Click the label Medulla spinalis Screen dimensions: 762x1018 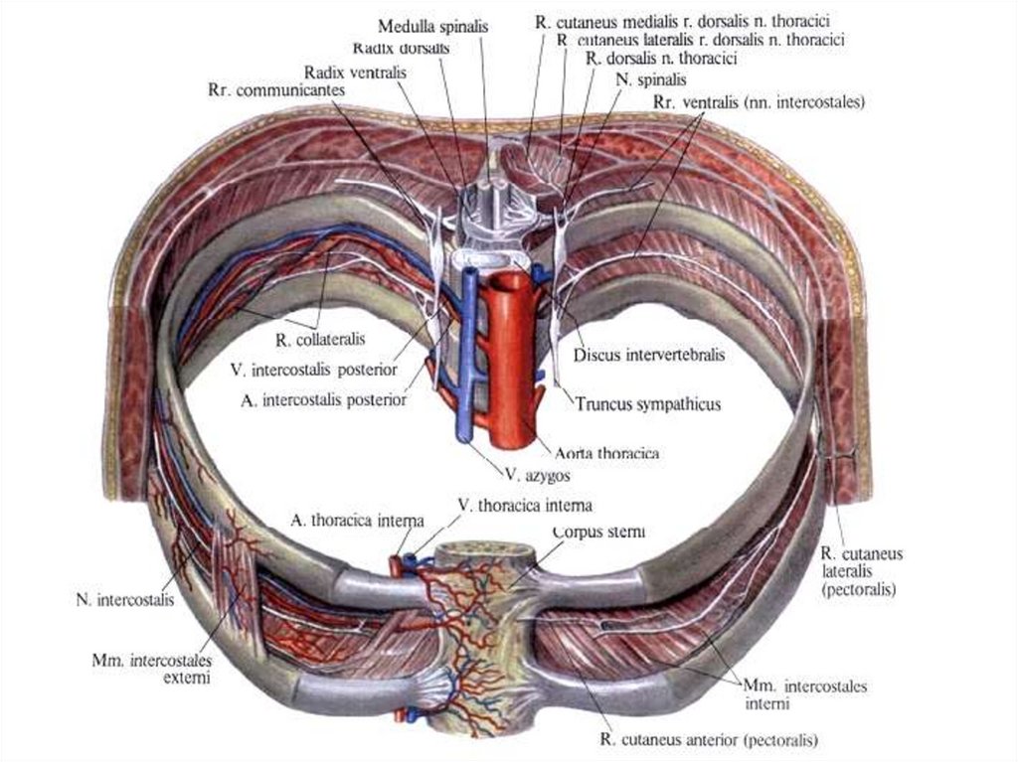point(432,28)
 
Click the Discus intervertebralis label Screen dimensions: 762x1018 point(650,354)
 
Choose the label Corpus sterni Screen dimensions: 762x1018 point(598,533)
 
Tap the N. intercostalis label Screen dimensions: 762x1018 point(125,599)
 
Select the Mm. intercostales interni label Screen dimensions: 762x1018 point(805,694)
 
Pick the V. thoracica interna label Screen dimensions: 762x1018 point(525,505)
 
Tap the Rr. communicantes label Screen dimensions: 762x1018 point(276,89)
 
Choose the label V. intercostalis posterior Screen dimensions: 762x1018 point(312,370)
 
